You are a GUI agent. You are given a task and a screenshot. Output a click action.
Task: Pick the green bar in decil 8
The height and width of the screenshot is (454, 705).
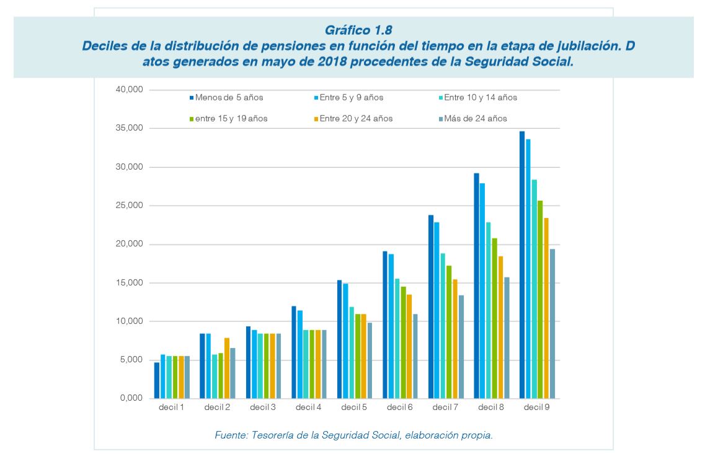494,318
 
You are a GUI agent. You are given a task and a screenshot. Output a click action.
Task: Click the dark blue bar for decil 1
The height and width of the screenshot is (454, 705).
157,380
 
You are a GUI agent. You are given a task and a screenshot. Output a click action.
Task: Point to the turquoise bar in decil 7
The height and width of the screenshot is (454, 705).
442,326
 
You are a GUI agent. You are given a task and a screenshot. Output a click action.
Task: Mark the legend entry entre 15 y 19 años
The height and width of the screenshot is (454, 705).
231,118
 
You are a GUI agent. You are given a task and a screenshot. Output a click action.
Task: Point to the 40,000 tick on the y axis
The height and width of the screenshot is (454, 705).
130,90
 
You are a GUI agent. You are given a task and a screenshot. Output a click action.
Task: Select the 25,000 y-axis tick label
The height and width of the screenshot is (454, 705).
130,206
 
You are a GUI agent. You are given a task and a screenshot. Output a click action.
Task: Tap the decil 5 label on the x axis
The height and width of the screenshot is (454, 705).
353,408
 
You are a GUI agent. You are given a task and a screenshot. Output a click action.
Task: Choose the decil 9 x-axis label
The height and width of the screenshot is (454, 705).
537,408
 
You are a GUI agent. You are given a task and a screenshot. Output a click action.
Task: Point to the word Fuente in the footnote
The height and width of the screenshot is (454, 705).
229,435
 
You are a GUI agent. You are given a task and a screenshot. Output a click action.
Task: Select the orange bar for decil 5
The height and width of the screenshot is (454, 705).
364,356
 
